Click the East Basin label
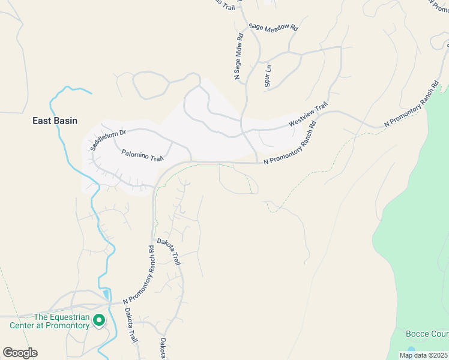55,121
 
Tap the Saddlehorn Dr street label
107,140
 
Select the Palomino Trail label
143,156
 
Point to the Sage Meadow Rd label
274,28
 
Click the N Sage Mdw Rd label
238,56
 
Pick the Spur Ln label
268,76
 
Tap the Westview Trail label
308,114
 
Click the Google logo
20,353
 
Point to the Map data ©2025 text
423,355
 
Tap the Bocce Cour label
427,334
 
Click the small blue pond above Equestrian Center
107,294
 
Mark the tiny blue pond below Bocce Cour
411,349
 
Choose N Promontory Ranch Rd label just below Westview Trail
289,144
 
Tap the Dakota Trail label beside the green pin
130,326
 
